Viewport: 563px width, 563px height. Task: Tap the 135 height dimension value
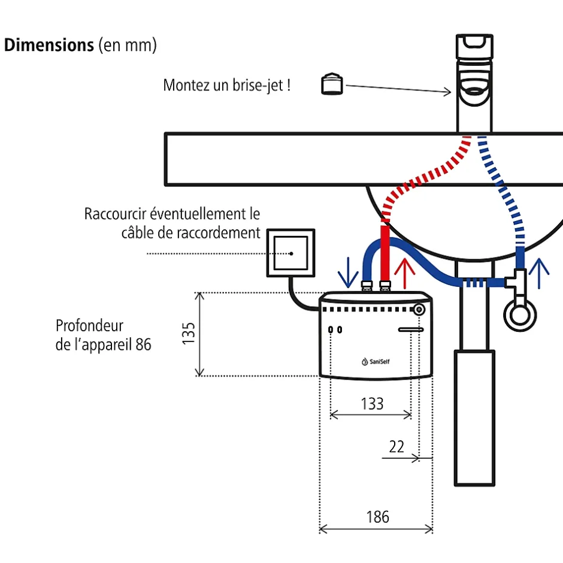pyautogui.click(x=189, y=333)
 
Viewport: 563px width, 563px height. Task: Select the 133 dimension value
pyautogui.click(x=372, y=403)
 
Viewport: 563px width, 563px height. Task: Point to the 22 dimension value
pyautogui.click(x=396, y=446)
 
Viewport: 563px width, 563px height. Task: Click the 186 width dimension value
pyautogui.click(x=377, y=516)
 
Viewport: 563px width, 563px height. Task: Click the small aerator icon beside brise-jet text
pyautogui.click(x=332, y=84)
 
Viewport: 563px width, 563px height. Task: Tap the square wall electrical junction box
pyautogui.click(x=291, y=253)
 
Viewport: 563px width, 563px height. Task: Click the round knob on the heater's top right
pyautogui.click(x=420, y=310)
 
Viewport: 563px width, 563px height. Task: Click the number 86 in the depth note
pyautogui.click(x=143, y=345)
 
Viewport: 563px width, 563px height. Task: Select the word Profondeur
pyautogui.click(x=89, y=326)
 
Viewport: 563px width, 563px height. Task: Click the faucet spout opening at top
pyautogui.click(x=477, y=92)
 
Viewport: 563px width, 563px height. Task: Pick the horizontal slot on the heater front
pyautogui.click(x=411, y=329)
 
